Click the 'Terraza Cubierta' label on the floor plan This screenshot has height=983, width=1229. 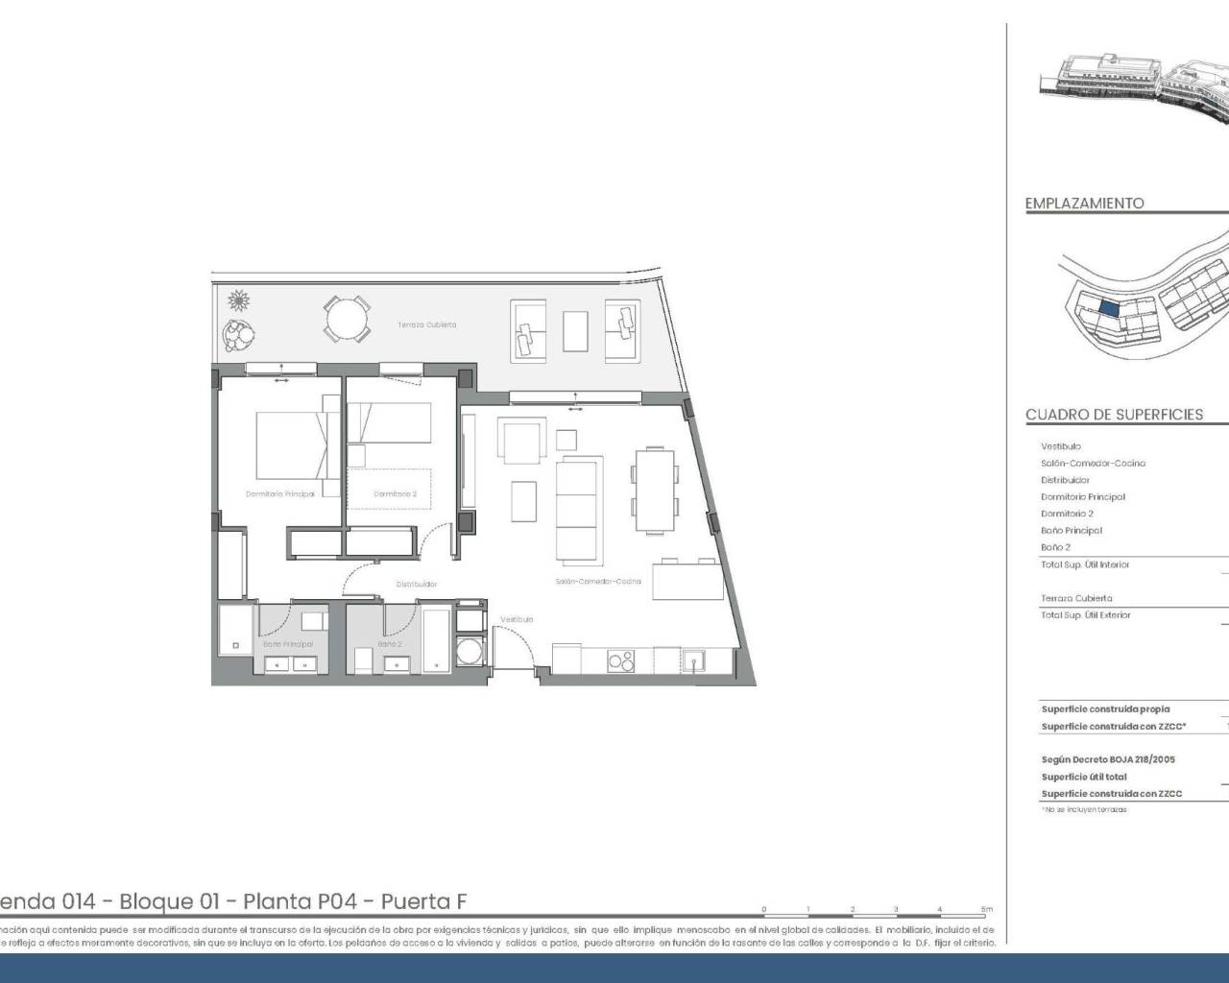click(427, 325)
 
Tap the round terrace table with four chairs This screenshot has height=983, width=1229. click(346, 319)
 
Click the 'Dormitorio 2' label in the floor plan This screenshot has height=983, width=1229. click(395, 494)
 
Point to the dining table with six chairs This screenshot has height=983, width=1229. click(654, 491)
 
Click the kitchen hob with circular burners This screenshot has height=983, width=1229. click(621, 661)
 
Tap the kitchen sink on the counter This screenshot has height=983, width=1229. click(693, 660)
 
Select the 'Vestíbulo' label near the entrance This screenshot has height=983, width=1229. click(516, 620)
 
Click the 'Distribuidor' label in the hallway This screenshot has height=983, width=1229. click(417, 584)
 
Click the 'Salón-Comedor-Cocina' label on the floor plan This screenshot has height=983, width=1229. click(597, 582)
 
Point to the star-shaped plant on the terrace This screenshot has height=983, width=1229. click(238, 301)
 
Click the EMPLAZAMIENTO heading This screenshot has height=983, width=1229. click(1084, 204)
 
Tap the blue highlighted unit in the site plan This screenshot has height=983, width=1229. click(1108, 309)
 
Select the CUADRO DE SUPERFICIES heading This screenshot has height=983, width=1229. click(1114, 415)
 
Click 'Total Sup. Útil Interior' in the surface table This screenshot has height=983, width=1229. click(1085, 564)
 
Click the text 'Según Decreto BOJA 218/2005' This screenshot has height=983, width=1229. click(1108, 759)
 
